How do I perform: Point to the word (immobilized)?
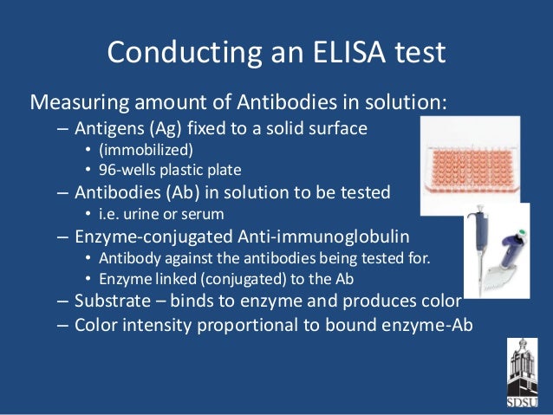point(140,149)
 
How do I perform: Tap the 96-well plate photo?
point(469,165)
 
